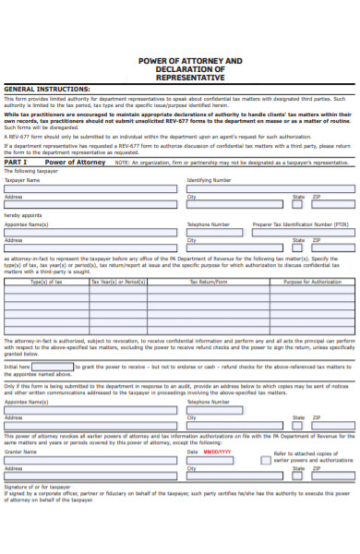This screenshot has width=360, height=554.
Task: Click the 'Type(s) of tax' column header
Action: pyautogui.click(x=47, y=283)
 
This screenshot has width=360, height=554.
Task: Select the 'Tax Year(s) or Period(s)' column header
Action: pyautogui.click(x=117, y=283)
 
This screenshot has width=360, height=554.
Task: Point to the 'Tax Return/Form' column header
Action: pyautogui.click(x=207, y=283)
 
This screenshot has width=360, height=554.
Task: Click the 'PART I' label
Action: pyautogui.click(x=16, y=162)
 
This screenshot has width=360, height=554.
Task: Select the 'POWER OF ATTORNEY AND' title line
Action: pyautogui.click(x=190, y=60)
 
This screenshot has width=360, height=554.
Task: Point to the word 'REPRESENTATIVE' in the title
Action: pyautogui.click(x=190, y=78)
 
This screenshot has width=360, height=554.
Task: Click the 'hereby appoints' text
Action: pyautogui.click(x=19, y=215)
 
